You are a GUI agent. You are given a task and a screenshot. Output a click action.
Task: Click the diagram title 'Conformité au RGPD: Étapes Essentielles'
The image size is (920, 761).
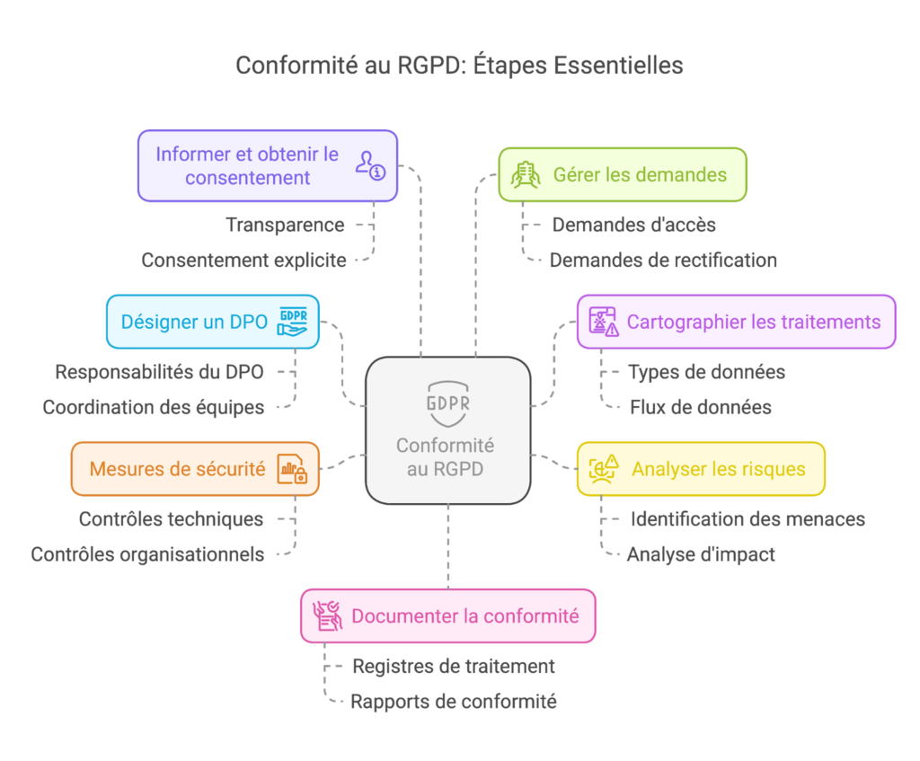click(x=459, y=66)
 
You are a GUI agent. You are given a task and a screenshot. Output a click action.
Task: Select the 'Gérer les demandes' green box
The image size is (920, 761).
click(x=623, y=173)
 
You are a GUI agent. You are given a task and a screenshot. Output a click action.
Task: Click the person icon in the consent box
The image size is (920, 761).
click(x=369, y=165)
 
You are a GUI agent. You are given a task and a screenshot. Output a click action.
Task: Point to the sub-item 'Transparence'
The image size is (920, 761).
click(x=285, y=225)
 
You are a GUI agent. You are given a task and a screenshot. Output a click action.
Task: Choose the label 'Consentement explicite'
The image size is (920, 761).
click(x=243, y=261)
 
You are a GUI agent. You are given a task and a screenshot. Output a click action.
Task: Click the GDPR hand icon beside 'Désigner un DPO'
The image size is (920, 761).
click(x=294, y=321)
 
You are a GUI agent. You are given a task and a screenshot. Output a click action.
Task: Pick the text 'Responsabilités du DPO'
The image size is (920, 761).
click(x=160, y=371)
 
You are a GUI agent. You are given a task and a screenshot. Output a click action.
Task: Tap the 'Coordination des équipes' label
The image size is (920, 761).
click(x=153, y=407)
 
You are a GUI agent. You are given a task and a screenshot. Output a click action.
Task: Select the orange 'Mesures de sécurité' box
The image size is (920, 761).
click(x=195, y=468)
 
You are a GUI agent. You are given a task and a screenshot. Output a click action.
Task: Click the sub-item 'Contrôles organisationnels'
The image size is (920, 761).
click(x=147, y=554)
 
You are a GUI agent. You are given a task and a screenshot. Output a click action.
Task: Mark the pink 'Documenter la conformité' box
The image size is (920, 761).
click(x=447, y=616)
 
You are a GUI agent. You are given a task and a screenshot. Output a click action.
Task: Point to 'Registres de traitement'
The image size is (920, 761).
click(x=453, y=666)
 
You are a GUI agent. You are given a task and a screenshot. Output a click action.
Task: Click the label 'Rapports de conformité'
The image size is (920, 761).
click(x=453, y=702)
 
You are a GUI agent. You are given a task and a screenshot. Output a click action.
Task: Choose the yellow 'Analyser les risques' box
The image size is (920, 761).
click(x=701, y=468)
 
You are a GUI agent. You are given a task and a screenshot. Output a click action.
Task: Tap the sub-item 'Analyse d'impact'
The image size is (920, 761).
click(x=700, y=554)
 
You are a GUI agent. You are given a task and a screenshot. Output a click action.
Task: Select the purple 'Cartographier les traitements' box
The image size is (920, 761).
click(x=736, y=321)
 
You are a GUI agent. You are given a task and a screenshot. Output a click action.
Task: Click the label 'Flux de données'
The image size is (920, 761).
click(x=699, y=407)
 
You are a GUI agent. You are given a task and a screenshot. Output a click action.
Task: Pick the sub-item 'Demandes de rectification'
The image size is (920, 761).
click(x=663, y=261)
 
